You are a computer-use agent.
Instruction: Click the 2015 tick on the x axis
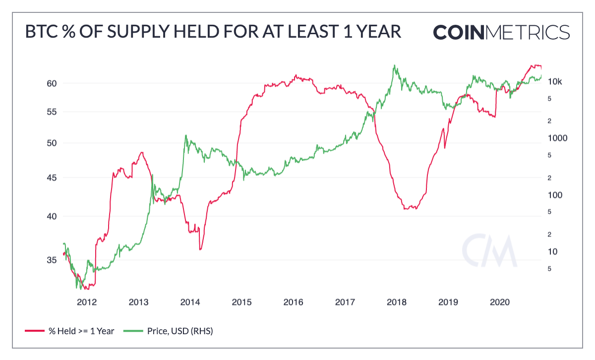pos(241,301)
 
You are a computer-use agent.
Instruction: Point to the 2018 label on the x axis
pos(397,301)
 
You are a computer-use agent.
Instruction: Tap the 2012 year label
pos(86,301)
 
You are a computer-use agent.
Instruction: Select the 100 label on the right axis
pos(555,195)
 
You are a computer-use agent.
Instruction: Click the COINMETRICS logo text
pos(501,32)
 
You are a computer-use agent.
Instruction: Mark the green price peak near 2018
pos(394,65)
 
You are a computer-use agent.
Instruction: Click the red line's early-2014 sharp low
pos(200,249)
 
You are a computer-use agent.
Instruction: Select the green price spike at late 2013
pos(186,135)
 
